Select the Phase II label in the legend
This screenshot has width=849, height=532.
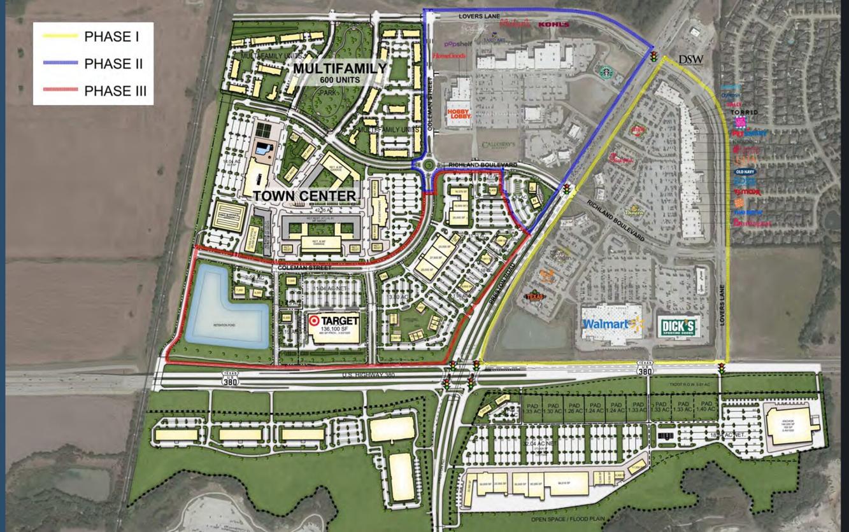[x=113, y=64]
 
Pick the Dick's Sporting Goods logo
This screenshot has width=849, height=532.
[x=679, y=326]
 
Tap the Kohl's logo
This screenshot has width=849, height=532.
[x=552, y=24]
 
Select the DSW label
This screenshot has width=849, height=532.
[x=690, y=59]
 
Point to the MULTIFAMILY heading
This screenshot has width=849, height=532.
[x=339, y=68]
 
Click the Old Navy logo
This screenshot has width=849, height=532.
[x=745, y=172]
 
